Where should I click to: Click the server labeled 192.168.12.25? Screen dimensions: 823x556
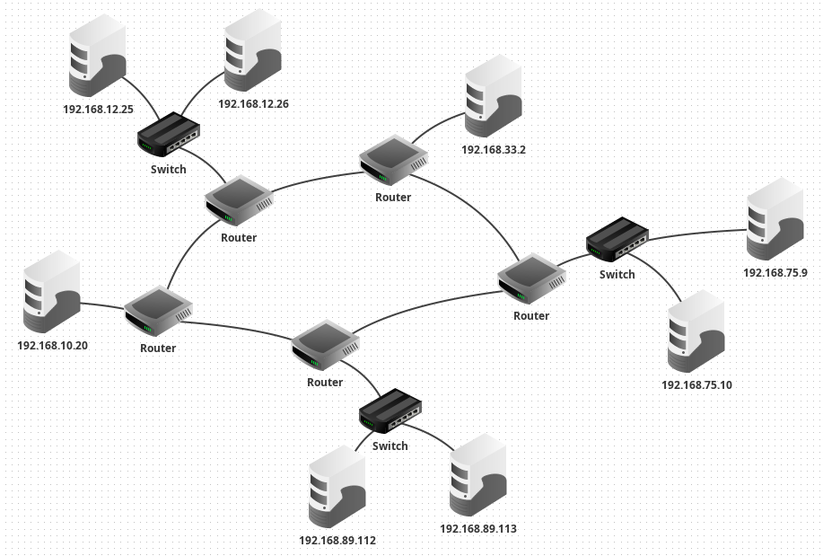(98, 55)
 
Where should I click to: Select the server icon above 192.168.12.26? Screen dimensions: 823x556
(252, 50)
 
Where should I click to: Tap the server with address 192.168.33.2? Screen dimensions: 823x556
(493, 95)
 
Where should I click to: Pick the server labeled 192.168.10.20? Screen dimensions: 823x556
(52, 292)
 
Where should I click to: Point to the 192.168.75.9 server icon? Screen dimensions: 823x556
(775, 219)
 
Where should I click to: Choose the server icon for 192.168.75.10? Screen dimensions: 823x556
(696, 331)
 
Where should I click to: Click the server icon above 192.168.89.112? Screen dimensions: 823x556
(337, 487)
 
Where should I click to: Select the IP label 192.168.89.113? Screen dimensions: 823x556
(478, 529)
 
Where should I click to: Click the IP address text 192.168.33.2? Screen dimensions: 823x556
(494, 150)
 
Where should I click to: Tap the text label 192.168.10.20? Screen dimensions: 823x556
(52, 345)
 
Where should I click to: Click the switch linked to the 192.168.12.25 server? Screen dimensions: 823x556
(169, 134)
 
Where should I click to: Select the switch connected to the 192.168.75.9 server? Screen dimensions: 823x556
(617, 239)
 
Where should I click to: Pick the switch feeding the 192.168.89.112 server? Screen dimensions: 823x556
(390, 410)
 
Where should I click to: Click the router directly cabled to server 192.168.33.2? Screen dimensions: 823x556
(394, 161)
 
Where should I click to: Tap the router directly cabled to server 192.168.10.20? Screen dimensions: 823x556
(159, 311)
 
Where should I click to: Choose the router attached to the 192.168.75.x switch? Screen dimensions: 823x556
(531, 278)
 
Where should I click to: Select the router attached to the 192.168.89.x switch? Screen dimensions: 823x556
(326, 345)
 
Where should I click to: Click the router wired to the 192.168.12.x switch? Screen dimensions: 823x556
(240, 200)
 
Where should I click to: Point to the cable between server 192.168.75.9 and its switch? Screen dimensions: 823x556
(697, 234)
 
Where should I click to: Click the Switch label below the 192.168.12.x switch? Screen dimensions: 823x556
(169, 169)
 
